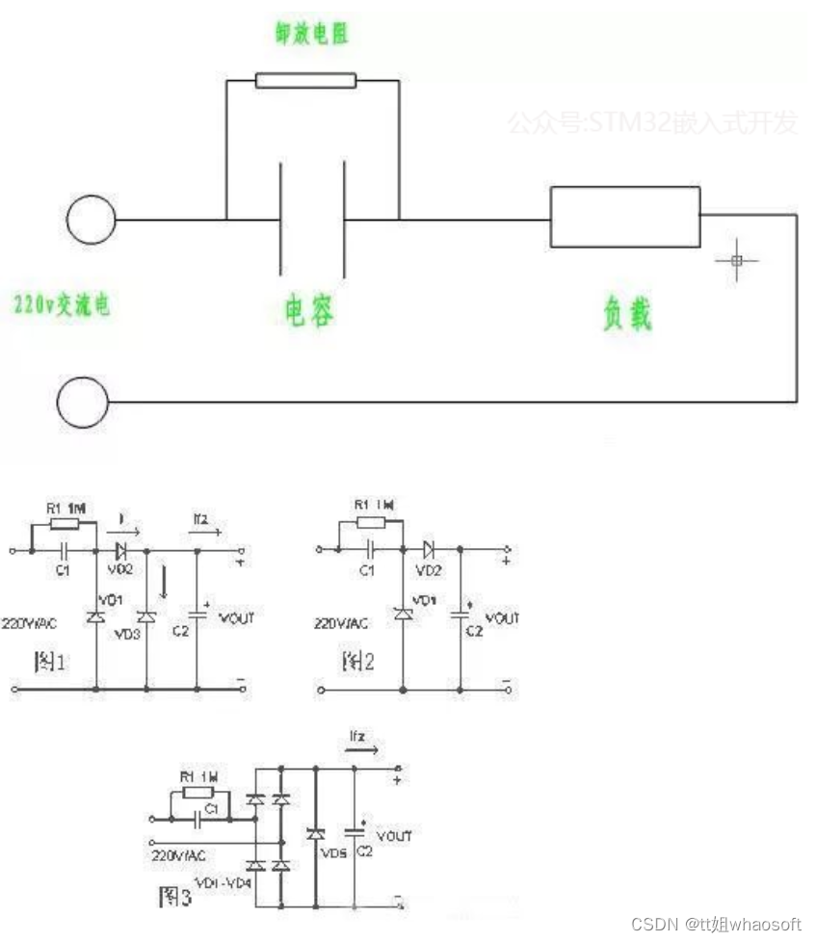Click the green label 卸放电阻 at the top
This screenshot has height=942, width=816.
[x=311, y=34]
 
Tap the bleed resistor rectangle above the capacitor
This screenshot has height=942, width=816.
[x=305, y=80]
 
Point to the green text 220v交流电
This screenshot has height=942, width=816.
[x=61, y=305]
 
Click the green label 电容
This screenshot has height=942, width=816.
[x=309, y=311]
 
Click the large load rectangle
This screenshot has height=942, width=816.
[x=624, y=218]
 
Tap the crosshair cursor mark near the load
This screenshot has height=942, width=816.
[x=737, y=260]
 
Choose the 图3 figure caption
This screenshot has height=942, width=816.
[x=174, y=898]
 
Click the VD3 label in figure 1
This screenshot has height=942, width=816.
[x=126, y=635]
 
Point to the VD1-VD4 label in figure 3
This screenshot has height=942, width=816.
[x=223, y=882]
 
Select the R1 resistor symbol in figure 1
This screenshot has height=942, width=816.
[x=64, y=524]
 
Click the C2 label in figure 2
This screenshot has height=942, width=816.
[x=473, y=631]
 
